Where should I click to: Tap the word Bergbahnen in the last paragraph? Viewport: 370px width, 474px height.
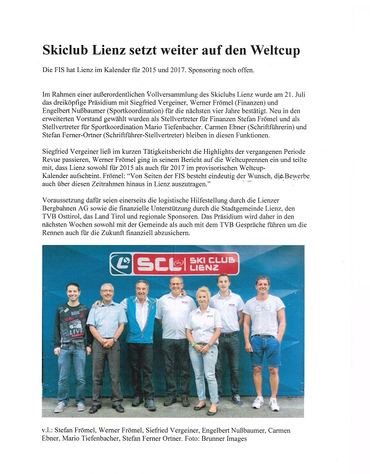pyautogui.click(x=64, y=209)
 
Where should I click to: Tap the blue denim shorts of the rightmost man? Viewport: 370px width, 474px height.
pyautogui.click(x=266, y=349)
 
